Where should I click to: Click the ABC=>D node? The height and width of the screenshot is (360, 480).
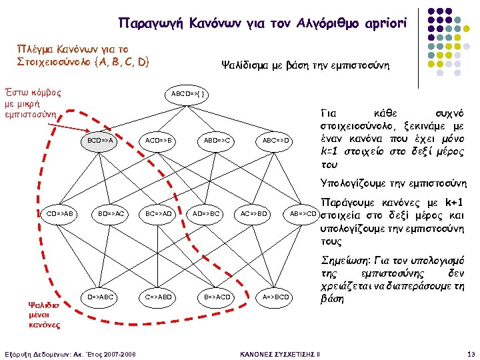tap(275, 141)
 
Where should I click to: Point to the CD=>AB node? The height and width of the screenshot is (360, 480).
tap(60, 214)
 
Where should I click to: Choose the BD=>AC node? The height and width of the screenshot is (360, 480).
tap(111, 214)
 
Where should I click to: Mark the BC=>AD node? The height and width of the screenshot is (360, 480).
tap(159, 214)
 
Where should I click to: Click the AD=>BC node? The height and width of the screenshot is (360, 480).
tap(206, 214)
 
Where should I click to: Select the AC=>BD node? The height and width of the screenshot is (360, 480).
tap(253, 214)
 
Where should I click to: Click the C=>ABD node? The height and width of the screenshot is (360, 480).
tap(159, 296)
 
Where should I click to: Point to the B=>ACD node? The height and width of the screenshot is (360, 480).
tap(217, 296)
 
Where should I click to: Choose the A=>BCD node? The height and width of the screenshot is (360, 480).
tap(275, 296)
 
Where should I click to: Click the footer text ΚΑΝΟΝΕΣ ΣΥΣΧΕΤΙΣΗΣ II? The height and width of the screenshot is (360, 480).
tap(279, 353)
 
